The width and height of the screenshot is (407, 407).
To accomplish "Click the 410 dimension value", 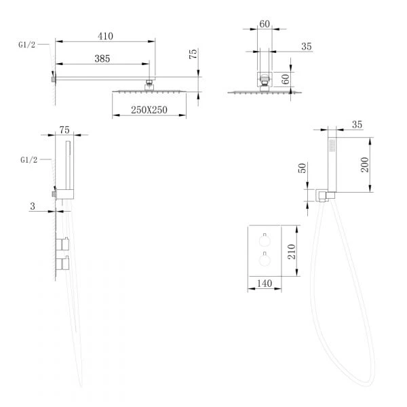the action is (105, 36).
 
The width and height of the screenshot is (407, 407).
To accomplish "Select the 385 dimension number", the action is (102, 58).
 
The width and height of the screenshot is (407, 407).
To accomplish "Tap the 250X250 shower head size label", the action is (149, 110).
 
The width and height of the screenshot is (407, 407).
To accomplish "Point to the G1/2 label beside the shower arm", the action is (26, 45).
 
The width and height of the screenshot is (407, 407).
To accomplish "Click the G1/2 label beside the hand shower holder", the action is (28, 160).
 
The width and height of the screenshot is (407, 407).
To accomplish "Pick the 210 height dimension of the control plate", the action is (292, 252).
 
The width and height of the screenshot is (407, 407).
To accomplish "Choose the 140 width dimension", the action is (265, 284).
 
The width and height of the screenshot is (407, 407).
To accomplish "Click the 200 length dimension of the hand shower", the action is (365, 165).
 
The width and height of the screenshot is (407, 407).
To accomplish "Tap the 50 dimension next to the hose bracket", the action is (303, 168).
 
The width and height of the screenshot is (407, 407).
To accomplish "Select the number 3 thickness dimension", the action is (33, 206).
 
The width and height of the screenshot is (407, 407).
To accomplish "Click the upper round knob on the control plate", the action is (265, 241).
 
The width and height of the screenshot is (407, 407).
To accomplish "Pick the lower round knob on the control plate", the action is (265, 260).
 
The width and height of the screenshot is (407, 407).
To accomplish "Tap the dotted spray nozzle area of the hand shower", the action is (332, 146).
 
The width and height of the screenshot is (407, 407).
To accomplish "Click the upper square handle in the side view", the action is (62, 244).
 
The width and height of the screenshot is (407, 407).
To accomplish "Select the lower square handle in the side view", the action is (62, 263).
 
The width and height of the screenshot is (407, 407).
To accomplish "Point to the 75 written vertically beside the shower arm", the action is (193, 54).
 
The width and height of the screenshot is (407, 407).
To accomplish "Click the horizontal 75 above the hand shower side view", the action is (64, 130).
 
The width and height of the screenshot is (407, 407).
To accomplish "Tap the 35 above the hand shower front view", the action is (357, 125).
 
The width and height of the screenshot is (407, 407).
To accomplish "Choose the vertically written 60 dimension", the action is (285, 79).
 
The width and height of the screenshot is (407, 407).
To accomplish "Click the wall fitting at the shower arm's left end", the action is (54, 79).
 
